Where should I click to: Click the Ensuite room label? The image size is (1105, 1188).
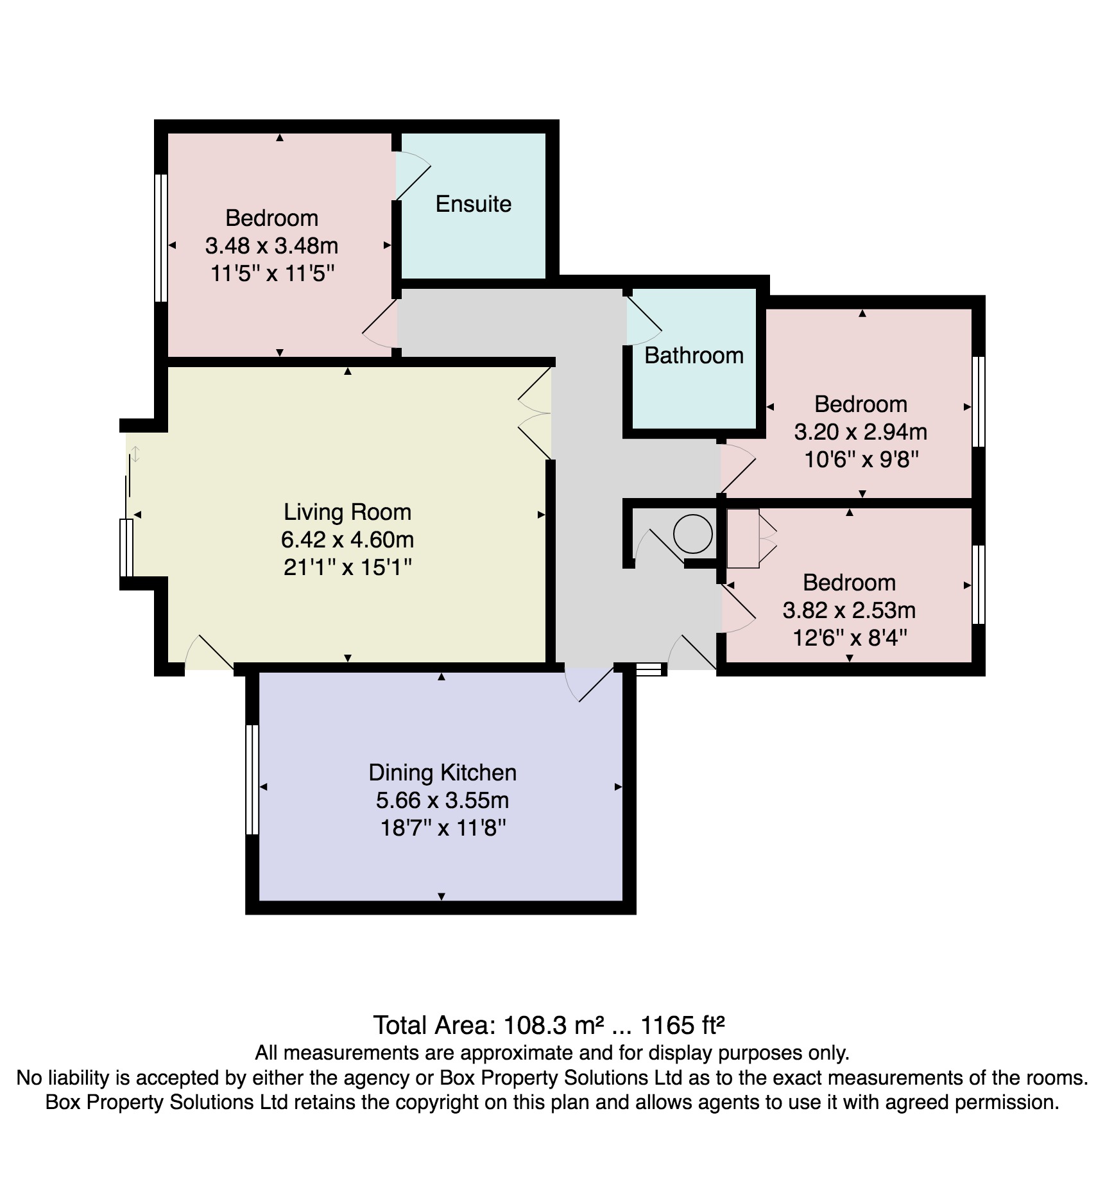(x=474, y=204)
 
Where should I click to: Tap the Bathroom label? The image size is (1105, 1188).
(x=694, y=356)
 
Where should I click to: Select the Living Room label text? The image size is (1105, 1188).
(x=347, y=512)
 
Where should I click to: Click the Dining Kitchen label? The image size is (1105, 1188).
(x=442, y=773)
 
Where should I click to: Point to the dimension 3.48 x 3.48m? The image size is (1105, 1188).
(x=271, y=246)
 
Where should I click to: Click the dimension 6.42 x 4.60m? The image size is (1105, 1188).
(x=347, y=540)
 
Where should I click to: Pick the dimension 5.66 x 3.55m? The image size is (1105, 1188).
(x=442, y=800)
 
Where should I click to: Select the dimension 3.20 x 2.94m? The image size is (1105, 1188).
(x=861, y=432)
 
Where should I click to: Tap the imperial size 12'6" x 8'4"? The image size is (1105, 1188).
(x=850, y=638)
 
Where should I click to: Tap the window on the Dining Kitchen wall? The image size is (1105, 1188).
(x=252, y=779)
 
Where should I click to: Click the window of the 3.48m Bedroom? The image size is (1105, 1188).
(x=161, y=237)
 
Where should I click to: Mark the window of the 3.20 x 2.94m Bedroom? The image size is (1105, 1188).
(x=978, y=402)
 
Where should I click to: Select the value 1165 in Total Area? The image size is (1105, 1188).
(x=668, y=1026)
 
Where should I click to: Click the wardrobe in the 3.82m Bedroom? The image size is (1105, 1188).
(x=743, y=538)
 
